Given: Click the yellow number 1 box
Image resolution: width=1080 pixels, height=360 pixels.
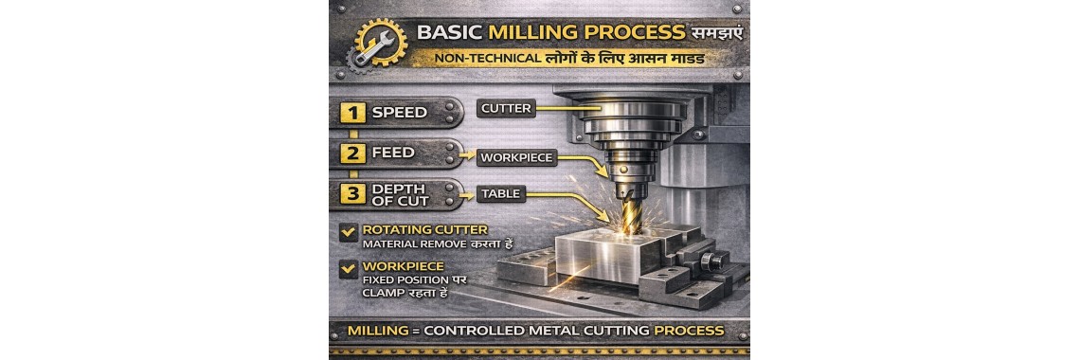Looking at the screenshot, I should pos(353,113).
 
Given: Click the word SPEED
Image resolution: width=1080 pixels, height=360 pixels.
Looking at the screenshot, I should pos(399,113).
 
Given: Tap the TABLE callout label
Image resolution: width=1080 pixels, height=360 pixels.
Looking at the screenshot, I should pos(499,193).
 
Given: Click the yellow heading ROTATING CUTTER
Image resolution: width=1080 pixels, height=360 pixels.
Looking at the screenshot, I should pos(411,228).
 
